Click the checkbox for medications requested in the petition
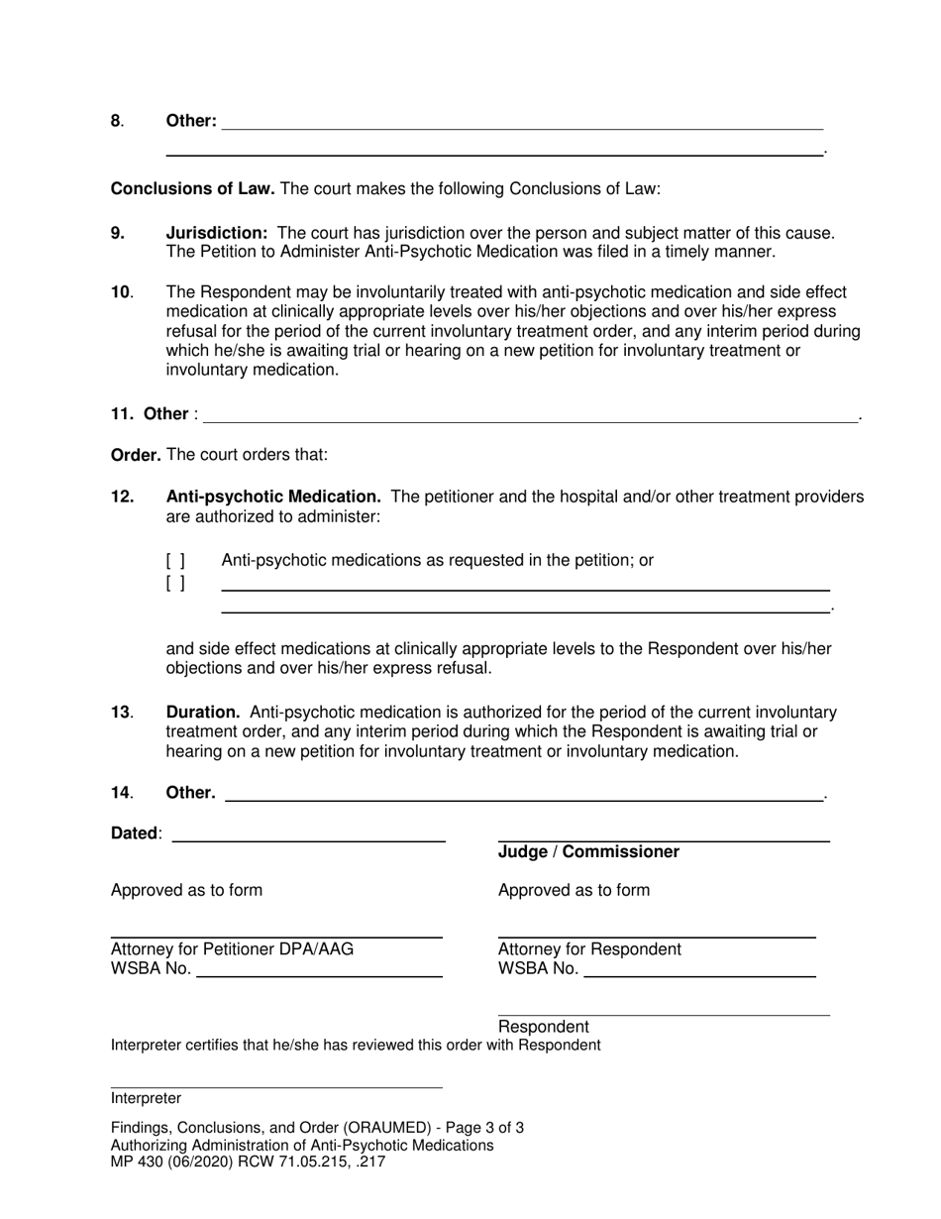(x=175, y=561)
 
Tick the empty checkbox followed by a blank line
(x=175, y=583)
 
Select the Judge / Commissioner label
(x=588, y=852)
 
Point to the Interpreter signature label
(x=146, y=1098)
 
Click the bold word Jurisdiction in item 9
(x=217, y=234)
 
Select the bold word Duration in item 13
(x=203, y=713)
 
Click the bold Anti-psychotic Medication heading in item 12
(x=273, y=497)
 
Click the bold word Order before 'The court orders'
(x=136, y=455)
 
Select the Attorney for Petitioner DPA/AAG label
(x=232, y=949)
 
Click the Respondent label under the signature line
(x=543, y=1027)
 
